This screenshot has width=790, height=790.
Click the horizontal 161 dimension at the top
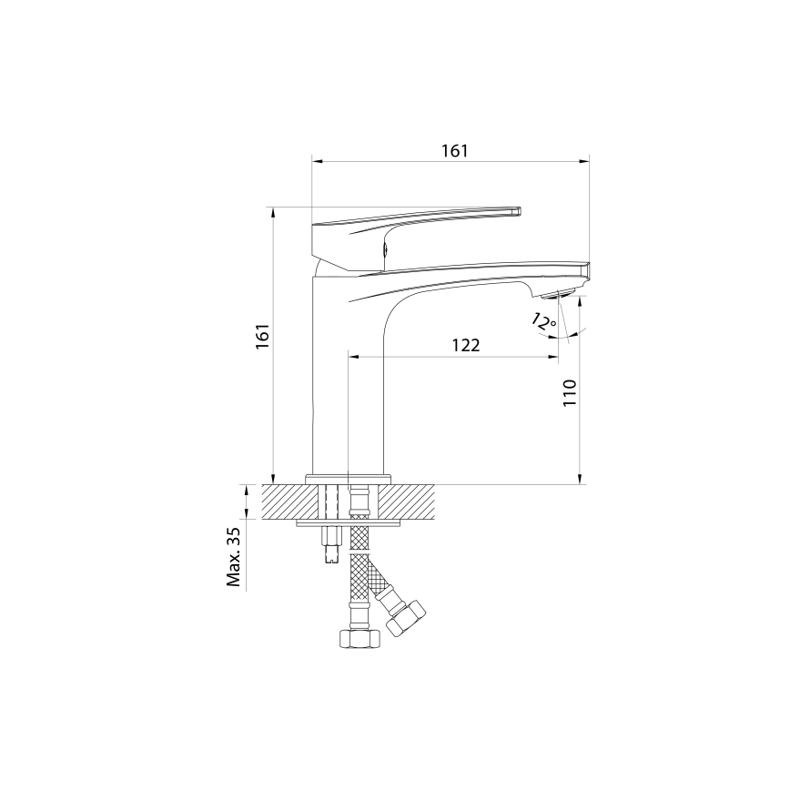tap(454, 151)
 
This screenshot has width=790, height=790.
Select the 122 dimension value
tap(464, 346)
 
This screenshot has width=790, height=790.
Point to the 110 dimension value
tap(569, 393)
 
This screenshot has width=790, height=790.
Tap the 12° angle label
tap(543, 321)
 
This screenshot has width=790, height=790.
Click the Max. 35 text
tap(234, 556)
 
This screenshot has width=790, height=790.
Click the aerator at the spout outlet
tap(557, 294)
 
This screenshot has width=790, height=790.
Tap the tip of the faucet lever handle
tap(518, 211)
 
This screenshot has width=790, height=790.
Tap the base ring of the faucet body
tap(348, 478)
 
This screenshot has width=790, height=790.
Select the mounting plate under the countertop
tap(350, 522)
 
